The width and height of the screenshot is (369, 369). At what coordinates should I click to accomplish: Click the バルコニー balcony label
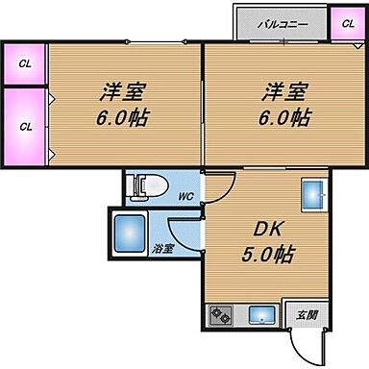(x=281, y=22)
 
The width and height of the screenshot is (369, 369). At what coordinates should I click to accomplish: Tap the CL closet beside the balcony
(x=342, y=22)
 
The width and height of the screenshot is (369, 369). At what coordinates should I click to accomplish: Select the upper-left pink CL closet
(x=24, y=64)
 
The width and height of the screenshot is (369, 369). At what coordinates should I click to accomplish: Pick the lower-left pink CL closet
(x=24, y=125)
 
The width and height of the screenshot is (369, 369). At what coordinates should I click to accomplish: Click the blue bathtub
(x=128, y=233)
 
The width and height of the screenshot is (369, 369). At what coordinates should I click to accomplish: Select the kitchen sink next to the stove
(x=259, y=313)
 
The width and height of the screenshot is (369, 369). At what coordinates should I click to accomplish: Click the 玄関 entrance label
(x=307, y=314)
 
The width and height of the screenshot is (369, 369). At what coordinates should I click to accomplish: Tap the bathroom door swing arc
(x=184, y=231)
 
